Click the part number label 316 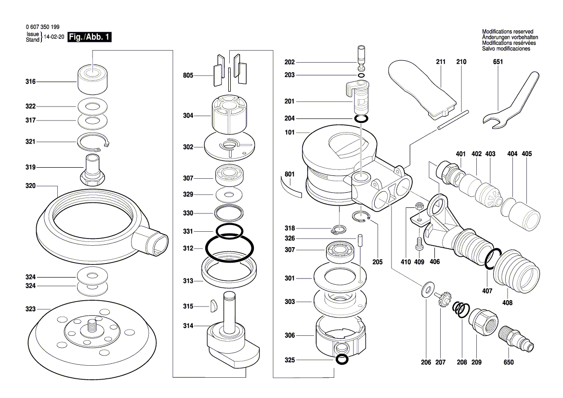tap(30, 82)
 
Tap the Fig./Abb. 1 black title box tap(90, 37)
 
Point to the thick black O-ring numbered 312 tap(230, 249)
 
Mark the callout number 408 tap(507, 303)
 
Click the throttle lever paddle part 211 tap(423, 86)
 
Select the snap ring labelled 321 tap(94, 142)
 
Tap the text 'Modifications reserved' tap(507, 31)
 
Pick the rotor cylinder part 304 tap(229, 116)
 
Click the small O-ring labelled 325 tap(341, 359)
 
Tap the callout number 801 tap(289, 174)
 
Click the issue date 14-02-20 tap(54, 37)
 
